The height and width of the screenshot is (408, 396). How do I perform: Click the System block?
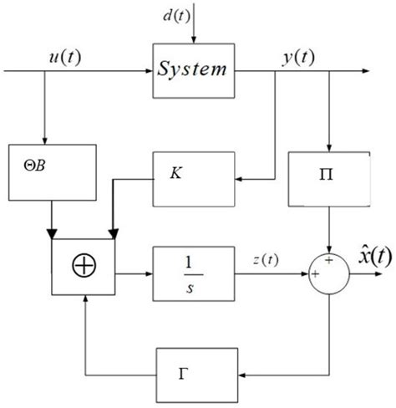(x=192, y=69)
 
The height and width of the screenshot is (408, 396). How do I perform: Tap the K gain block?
(x=192, y=178)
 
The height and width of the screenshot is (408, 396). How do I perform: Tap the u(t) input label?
(x=63, y=58)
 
